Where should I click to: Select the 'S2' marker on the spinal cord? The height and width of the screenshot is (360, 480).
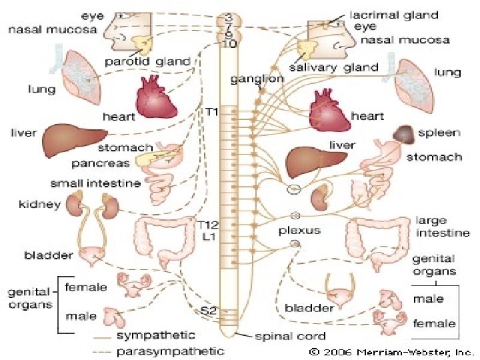pyautogui.click(x=210, y=310)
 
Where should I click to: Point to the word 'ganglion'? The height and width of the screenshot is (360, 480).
pyautogui.click(x=257, y=79)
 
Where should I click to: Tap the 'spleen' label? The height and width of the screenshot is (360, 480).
pyautogui.click(x=439, y=133)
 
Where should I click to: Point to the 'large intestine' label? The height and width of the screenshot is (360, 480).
pyautogui.click(x=442, y=227)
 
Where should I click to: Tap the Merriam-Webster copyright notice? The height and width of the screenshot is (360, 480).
pyautogui.click(x=392, y=351)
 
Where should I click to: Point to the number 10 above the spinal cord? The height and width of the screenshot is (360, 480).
pyautogui.click(x=229, y=44)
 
